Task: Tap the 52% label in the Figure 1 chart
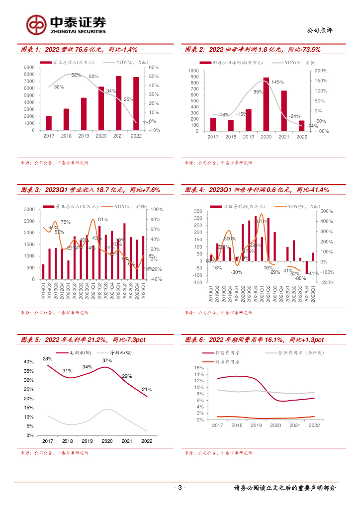(76, 75)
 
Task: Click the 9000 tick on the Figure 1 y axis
(29, 68)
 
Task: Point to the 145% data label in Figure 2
(277, 83)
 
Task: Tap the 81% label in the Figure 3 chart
(103, 219)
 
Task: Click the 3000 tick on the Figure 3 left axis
(29, 210)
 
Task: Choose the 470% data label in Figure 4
(262, 222)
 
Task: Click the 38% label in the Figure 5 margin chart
(47, 359)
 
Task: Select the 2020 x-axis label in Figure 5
(107, 441)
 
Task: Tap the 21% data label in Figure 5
(147, 390)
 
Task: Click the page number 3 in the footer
(181, 488)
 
